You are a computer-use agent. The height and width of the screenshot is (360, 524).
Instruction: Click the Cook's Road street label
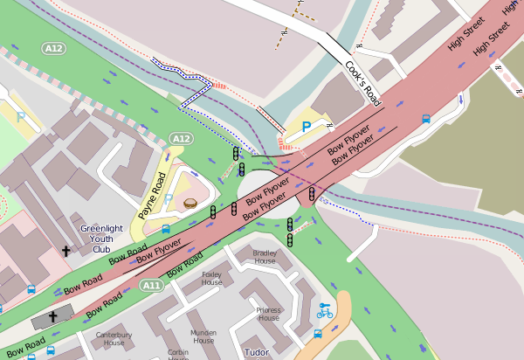pyautogui.click(x=363, y=84)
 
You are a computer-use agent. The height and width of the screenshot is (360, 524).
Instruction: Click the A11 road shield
pyautogui.click(x=152, y=285)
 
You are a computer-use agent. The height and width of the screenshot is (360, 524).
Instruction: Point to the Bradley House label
pyautogui.click(x=265, y=257)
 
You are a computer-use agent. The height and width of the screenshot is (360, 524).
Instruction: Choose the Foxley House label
pyautogui.click(x=212, y=278)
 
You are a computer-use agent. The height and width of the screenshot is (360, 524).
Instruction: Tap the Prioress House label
pyautogui.click(x=268, y=314)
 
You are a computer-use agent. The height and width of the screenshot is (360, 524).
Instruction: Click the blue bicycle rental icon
pyautogui.click(x=325, y=311)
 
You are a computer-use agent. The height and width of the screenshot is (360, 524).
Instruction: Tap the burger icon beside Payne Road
pyautogui.click(x=190, y=204)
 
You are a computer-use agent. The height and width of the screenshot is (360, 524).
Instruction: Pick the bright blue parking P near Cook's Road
pyautogui.click(x=307, y=127)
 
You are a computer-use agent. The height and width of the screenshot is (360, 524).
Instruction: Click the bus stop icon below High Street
pyautogui.click(x=425, y=120)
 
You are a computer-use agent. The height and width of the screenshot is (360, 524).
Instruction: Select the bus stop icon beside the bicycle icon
pyautogui.click(x=318, y=334)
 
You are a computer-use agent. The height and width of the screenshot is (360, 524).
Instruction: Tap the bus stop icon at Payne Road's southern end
pyautogui.click(x=166, y=230)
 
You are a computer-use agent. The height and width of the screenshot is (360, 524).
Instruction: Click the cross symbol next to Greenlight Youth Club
pyautogui.click(x=65, y=251)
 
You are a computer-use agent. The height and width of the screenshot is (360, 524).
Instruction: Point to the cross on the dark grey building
pyautogui.click(x=52, y=316)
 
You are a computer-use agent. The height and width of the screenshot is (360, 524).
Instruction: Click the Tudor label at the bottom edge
pyautogui.click(x=256, y=353)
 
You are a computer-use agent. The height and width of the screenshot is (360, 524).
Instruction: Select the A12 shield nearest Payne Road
pyautogui.click(x=181, y=139)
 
